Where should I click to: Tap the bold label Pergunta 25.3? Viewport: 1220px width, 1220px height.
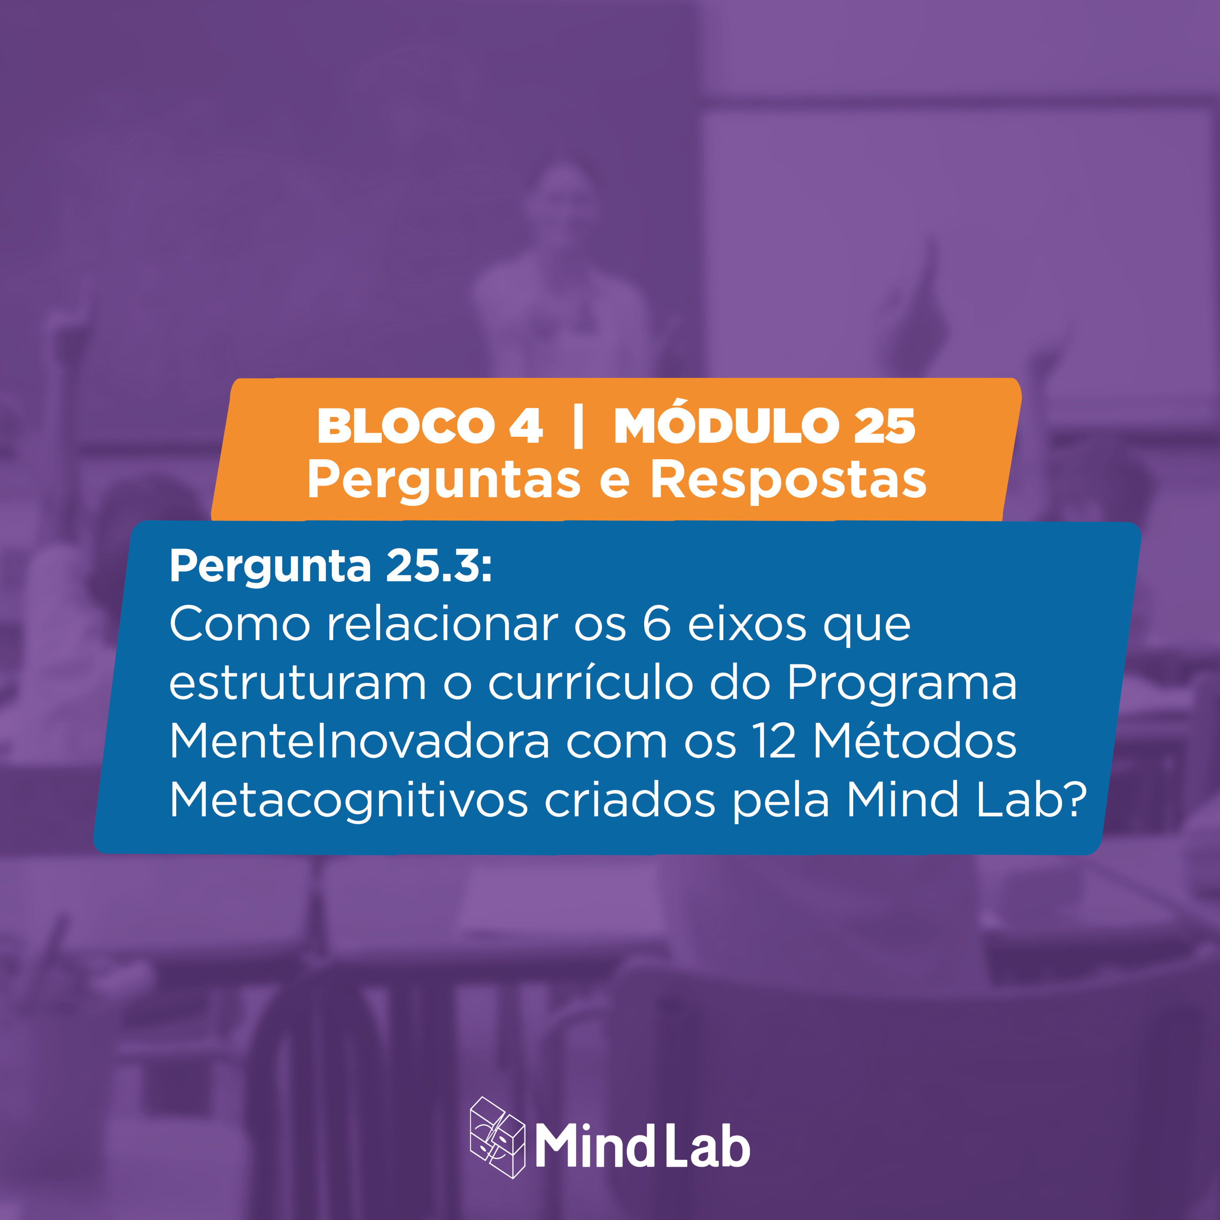[330, 565]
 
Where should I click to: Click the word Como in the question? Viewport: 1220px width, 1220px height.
[240, 625]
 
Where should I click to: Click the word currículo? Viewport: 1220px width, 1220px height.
[590, 683]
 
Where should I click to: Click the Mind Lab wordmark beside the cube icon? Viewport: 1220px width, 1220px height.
[643, 1146]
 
